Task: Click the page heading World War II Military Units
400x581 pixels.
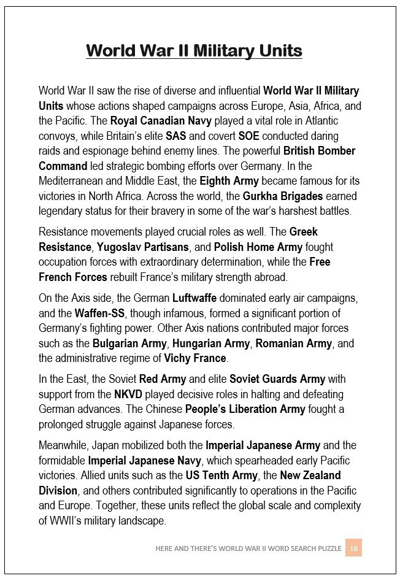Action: tap(194, 50)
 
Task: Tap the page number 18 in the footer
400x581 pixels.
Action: tap(353, 548)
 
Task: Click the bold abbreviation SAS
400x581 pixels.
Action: tap(176, 136)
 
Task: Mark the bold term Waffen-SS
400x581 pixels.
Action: tap(100, 313)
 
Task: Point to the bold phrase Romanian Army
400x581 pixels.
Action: tap(294, 343)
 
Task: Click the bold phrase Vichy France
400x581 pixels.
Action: tap(195, 358)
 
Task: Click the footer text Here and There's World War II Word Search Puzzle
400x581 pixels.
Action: tap(248, 548)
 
